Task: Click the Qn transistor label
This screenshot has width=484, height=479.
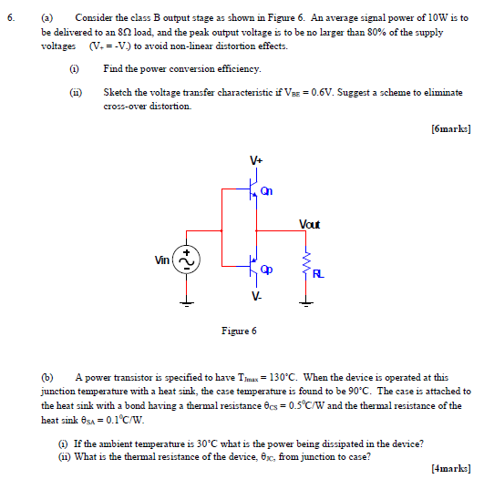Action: (266, 191)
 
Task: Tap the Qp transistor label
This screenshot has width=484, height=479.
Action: (266, 270)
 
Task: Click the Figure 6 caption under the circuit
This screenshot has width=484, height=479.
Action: (241, 331)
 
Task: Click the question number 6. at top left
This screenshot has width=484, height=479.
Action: (13, 17)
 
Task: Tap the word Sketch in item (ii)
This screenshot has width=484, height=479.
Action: (118, 93)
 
